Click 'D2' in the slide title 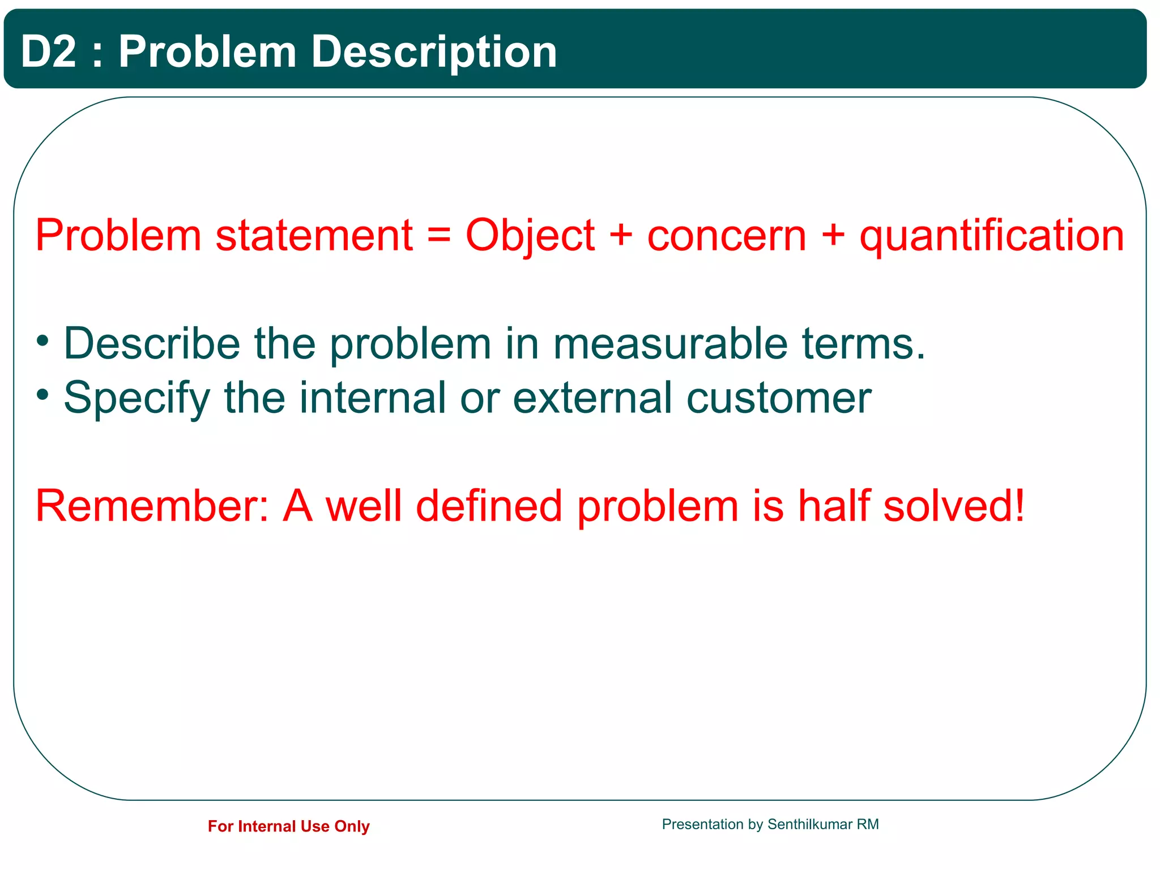point(48,52)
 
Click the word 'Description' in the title point(434,52)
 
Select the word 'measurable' point(670,343)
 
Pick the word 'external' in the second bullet point(592,398)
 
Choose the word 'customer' point(779,398)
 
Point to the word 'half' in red point(834,506)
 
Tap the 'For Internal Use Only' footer point(288,826)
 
